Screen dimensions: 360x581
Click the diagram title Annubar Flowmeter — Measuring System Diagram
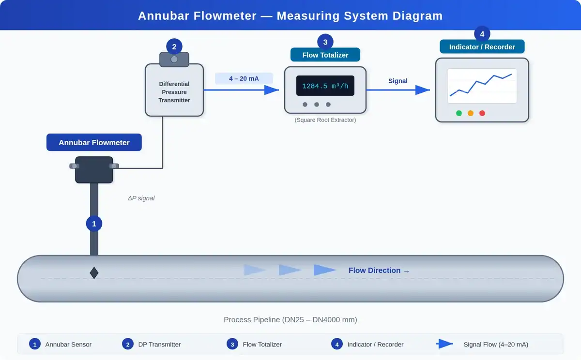coord(290,15)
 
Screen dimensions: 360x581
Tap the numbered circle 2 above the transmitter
coord(174,47)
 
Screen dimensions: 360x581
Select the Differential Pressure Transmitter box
coord(174,92)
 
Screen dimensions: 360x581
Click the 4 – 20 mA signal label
coord(244,78)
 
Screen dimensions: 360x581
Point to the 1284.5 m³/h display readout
coord(325,86)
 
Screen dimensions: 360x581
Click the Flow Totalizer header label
coord(325,55)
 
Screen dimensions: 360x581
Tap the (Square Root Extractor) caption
coord(325,120)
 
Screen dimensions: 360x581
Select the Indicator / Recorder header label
coord(482,47)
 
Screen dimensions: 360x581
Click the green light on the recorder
coord(459,113)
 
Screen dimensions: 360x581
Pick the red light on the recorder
coord(482,113)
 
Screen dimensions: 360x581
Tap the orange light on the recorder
coord(471,113)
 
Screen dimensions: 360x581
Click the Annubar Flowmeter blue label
coord(94,143)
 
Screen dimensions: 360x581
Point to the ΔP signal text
coord(141,198)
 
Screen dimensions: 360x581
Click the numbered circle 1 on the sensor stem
coord(94,224)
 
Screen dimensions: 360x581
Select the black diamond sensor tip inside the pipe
coord(94,273)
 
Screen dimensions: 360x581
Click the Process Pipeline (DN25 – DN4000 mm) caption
coord(290,320)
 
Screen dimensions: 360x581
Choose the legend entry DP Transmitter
coord(159,345)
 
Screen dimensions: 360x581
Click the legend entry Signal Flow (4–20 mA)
coord(496,345)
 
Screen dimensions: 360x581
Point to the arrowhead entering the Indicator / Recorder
coord(423,90)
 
